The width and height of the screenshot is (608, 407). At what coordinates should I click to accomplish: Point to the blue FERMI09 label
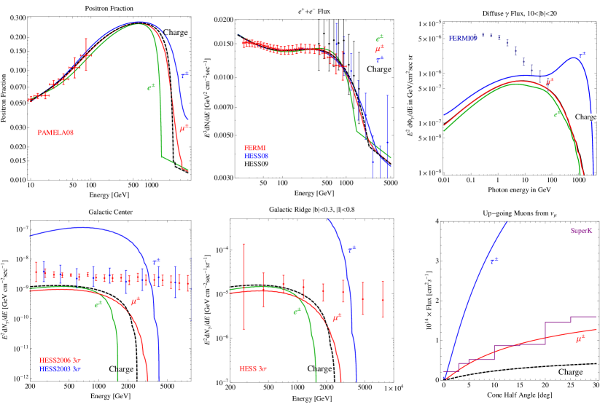(463, 36)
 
